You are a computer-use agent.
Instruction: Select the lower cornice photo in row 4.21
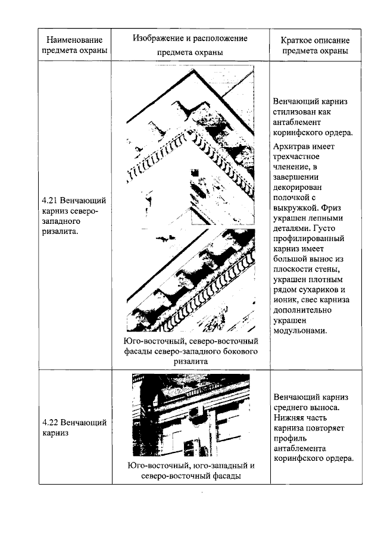(x=190, y=280)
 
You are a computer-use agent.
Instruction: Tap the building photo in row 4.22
(x=190, y=414)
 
